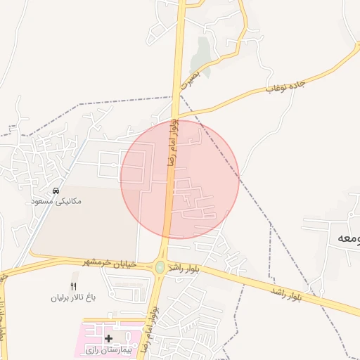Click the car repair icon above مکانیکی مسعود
click(56, 191)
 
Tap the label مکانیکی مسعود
click(56, 201)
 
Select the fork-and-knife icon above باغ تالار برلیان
click(74, 285)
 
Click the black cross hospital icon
click(108, 339)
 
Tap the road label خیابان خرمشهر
click(114, 264)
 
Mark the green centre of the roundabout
click(160, 267)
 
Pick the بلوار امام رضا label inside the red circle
click(172, 143)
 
